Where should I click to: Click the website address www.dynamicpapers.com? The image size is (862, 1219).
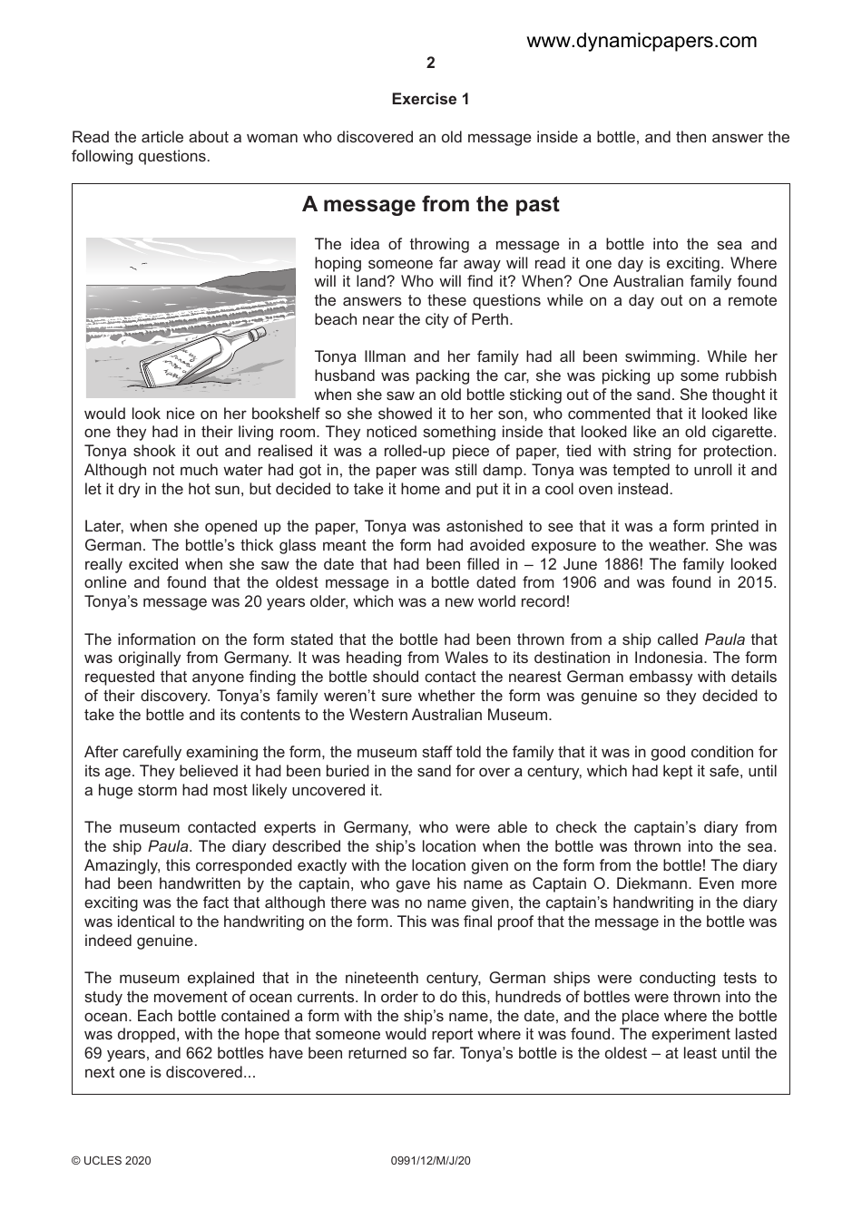click(641, 41)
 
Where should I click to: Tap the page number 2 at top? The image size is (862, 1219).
click(430, 63)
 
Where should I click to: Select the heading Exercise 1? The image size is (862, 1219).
click(430, 100)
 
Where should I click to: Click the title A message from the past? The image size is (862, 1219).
click(430, 205)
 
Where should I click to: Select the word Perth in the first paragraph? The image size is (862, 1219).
click(491, 319)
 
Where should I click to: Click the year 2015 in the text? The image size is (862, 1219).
click(757, 583)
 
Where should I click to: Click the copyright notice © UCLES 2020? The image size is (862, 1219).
click(111, 1160)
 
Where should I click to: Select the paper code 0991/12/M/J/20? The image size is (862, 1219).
click(430, 1160)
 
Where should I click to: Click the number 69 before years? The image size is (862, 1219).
click(93, 1053)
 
